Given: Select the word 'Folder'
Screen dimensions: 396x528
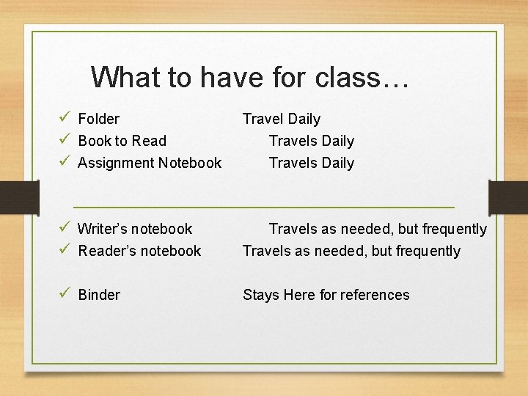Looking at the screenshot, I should tap(98, 119).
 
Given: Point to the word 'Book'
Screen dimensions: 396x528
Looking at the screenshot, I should tap(94, 141).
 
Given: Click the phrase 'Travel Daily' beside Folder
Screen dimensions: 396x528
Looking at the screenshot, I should tap(282, 119).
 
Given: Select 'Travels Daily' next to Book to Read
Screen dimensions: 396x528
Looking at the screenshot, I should tap(311, 141).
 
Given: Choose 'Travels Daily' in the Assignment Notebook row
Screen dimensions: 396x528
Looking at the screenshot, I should tap(311, 163).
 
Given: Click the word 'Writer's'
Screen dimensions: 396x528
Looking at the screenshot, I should tap(103, 229).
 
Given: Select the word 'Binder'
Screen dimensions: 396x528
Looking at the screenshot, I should tap(99, 295).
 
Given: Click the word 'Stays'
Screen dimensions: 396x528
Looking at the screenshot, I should tap(261, 295).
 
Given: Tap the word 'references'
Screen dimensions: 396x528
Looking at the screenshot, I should tap(373, 295).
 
